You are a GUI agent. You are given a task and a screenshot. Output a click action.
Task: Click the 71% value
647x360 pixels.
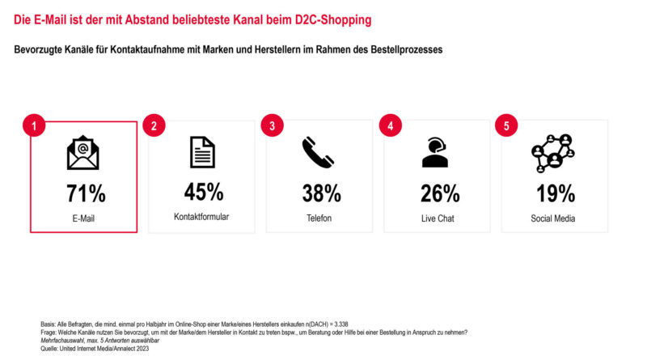tap(86, 193)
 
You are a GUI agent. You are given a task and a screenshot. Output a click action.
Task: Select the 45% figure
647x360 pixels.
tap(203, 192)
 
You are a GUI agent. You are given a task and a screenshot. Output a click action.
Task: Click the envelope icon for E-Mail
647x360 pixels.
tap(83, 153)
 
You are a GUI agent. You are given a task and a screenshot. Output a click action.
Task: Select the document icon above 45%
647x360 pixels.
tap(202, 152)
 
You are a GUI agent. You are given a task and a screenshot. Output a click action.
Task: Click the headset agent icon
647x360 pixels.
tap(435, 152)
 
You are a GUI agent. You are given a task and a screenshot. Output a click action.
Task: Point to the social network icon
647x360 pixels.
tap(552, 152)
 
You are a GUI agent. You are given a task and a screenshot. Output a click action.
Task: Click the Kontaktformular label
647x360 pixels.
tap(202, 218)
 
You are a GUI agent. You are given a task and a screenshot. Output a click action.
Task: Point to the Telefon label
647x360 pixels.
tap(319, 218)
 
